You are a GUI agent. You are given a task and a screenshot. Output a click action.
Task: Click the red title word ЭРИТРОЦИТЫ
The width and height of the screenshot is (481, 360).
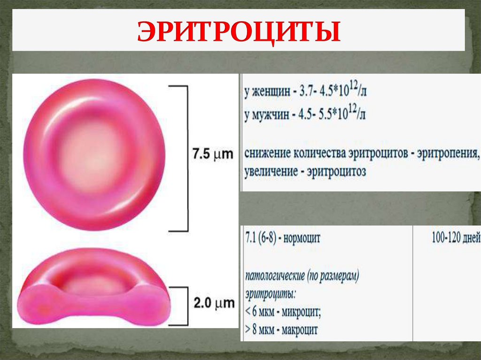(x=239, y=32)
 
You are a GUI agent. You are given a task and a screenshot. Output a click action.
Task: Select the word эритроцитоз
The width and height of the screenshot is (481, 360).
(x=336, y=172)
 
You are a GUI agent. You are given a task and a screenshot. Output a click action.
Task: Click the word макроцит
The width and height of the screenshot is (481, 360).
(x=299, y=330)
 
